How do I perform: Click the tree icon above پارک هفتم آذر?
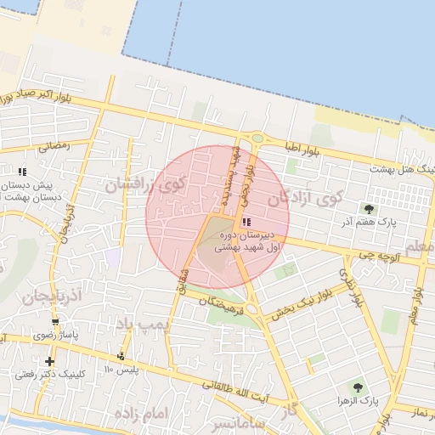point(370,209)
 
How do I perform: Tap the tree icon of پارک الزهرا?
point(357,387)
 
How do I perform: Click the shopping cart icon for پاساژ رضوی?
point(55,321)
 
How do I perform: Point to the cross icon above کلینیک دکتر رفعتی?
point(49,361)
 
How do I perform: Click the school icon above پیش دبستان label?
point(22,172)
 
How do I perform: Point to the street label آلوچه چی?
point(377,253)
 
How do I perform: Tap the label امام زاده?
point(138,414)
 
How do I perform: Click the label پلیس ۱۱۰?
point(120,370)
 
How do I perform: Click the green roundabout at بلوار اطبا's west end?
point(256,138)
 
